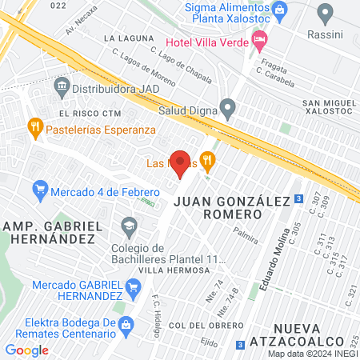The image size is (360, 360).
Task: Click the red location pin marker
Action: coord(181,163)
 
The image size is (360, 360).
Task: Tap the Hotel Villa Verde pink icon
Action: coord(258,38)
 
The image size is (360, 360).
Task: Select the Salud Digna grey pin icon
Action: coord(227,107)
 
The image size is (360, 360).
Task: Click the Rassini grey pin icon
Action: coord(325,13)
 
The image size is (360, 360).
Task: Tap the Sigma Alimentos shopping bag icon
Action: coord(279,10)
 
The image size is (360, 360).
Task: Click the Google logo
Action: coord(26,350)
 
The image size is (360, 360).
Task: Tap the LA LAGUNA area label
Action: coord(124,38)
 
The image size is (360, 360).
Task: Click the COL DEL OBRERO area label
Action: coord(206,325)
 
